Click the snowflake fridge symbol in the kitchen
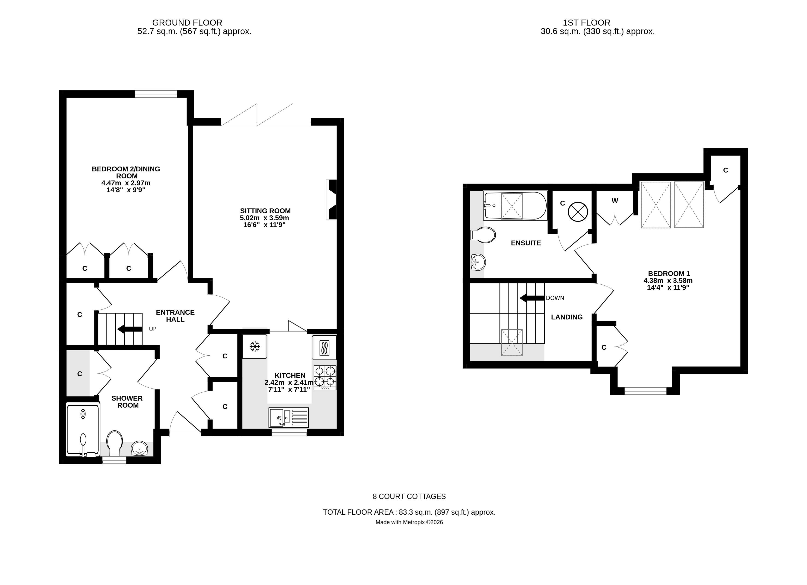(254, 346)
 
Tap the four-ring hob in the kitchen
(325, 377)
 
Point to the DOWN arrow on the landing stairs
(532, 298)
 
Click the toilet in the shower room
(114, 442)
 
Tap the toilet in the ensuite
(483, 235)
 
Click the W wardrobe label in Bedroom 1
(614, 201)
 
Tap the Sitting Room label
(265, 211)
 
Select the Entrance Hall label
(175, 316)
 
